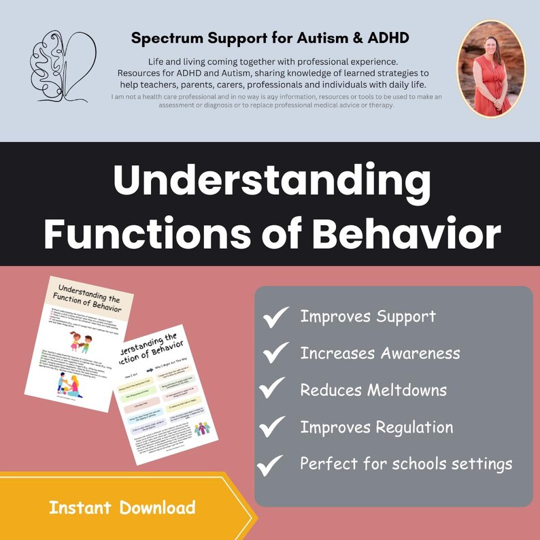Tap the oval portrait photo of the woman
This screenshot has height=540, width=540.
pyautogui.click(x=487, y=67)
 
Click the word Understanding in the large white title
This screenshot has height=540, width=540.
pyautogui.click(x=272, y=182)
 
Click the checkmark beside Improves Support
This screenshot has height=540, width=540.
pyautogui.click(x=276, y=316)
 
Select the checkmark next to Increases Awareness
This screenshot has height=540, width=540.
pyautogui.click(x=276, y=352)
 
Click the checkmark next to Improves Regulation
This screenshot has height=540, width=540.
pyautogui.click(x=273, y=427)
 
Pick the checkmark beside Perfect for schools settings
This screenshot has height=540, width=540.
pyautogui.click(x=271, y=465)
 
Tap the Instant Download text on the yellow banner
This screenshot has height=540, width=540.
pyautogui.click(x=122, y=507)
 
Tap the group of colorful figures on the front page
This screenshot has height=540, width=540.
pyautogui.click(x=203, y=429)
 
